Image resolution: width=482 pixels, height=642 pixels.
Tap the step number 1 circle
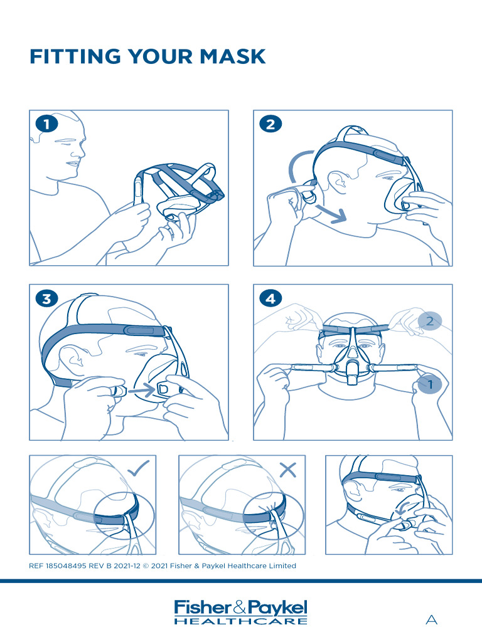46,124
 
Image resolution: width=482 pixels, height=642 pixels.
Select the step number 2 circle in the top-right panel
270,124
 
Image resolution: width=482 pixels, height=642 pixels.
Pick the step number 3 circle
46,299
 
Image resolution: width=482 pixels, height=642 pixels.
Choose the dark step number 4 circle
270,299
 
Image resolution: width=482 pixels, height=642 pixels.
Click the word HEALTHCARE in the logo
241,621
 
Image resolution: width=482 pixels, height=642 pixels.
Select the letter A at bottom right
431,620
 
